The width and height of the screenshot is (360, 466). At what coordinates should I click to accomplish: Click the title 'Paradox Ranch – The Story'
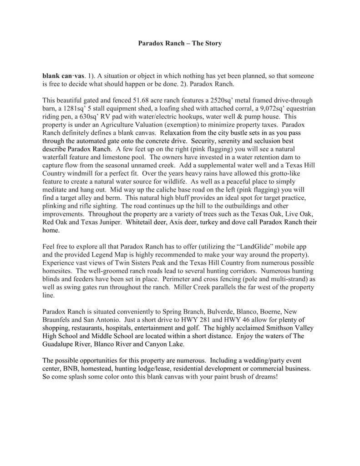pyautogui.click(x=180, y=44)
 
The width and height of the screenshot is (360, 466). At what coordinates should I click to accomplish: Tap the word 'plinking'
pyautogui.click(x=54, y=206)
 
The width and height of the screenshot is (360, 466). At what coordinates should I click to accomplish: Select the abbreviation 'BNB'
pyautogui.click(x=71, y=369)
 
